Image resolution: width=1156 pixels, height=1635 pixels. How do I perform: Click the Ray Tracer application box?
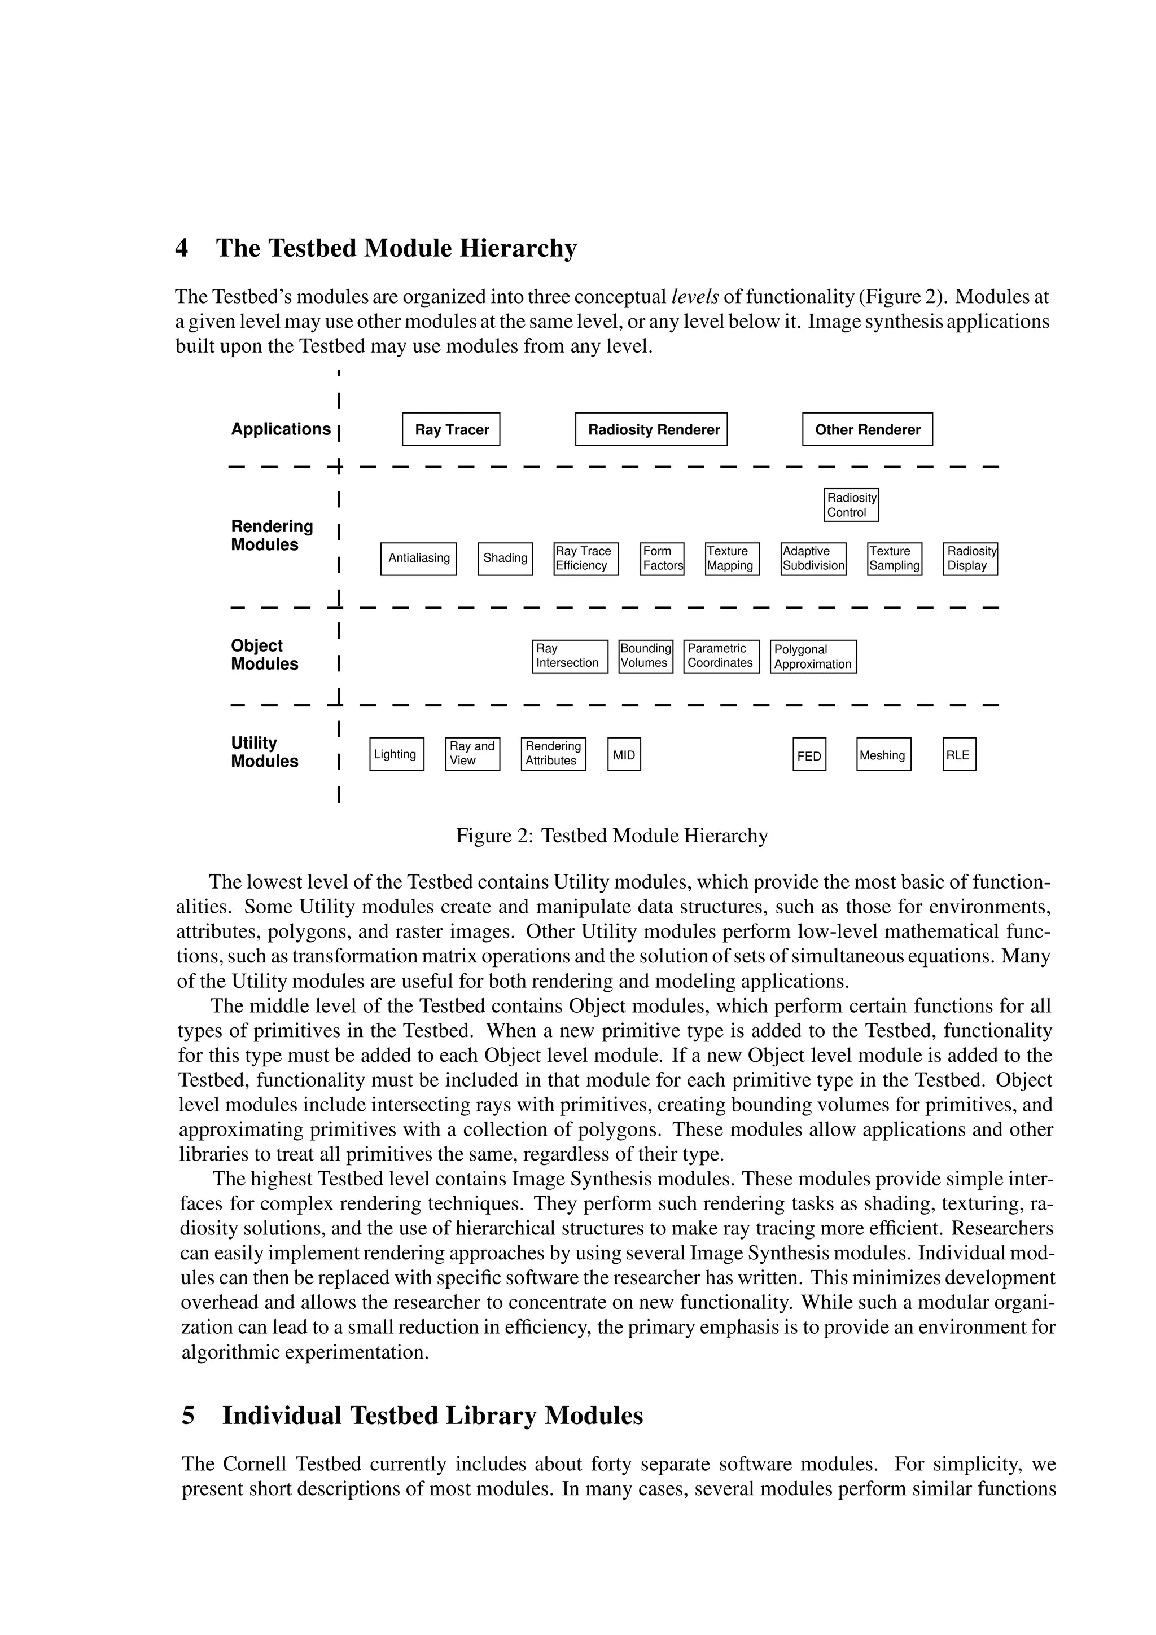click(451, 429)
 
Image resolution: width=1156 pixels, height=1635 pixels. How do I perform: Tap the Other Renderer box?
click(867, 429)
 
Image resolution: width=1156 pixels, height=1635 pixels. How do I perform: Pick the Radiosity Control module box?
click(851, 505)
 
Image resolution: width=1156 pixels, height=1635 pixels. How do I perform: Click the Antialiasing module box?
click(419, 559)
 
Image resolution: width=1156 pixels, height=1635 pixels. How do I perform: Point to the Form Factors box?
click(662, 559)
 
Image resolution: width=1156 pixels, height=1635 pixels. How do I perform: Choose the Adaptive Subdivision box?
click(813, 559)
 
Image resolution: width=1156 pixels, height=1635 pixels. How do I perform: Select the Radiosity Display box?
click(970, 559)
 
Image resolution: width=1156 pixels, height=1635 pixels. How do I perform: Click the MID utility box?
click(624, 755)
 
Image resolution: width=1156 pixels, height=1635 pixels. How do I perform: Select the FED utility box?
click(809, 755)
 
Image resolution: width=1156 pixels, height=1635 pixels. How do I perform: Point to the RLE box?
click(958, 755)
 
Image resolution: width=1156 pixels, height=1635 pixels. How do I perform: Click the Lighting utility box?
click(397, 755)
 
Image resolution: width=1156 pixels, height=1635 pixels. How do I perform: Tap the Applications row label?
click(281, 429)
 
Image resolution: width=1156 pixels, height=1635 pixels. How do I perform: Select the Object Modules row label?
click(264, 655)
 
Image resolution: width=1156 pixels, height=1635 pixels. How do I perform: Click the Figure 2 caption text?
click(612, 836)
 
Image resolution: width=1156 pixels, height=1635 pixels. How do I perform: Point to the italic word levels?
click(695, 297)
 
